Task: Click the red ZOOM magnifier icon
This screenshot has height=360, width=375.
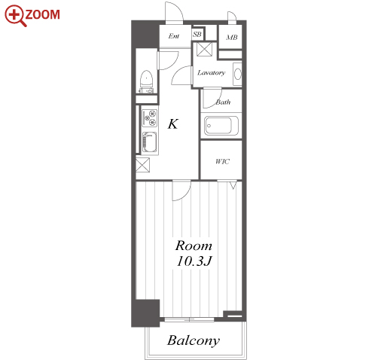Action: click(15, 15)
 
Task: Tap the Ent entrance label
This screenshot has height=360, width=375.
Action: click(174, 36)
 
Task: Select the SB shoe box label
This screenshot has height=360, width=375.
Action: click(197, 34)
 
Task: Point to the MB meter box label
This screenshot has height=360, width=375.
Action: click(232, 38)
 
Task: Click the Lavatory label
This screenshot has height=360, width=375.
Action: click(211, 73)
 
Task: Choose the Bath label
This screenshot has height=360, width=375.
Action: click(223, 102)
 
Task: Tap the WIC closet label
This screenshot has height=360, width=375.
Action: click(222, 161)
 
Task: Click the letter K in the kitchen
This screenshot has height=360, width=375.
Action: click(173, 124)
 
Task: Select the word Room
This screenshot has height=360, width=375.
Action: click(194, 246)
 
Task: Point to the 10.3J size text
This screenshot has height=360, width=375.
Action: click(194, 261)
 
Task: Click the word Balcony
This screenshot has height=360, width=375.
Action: click(194, 340)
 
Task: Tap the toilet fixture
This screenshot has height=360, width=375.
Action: click(147, 81)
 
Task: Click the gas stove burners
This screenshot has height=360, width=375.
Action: click(149, 118)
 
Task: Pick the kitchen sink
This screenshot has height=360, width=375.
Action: click(150, 142)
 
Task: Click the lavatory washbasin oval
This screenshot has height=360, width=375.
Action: click(238, 74)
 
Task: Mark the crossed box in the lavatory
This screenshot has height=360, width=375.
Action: click(204, 49)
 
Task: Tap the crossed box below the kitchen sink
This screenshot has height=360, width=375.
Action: click(143, 165)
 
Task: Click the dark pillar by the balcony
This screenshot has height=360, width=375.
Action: click(145, 313)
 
